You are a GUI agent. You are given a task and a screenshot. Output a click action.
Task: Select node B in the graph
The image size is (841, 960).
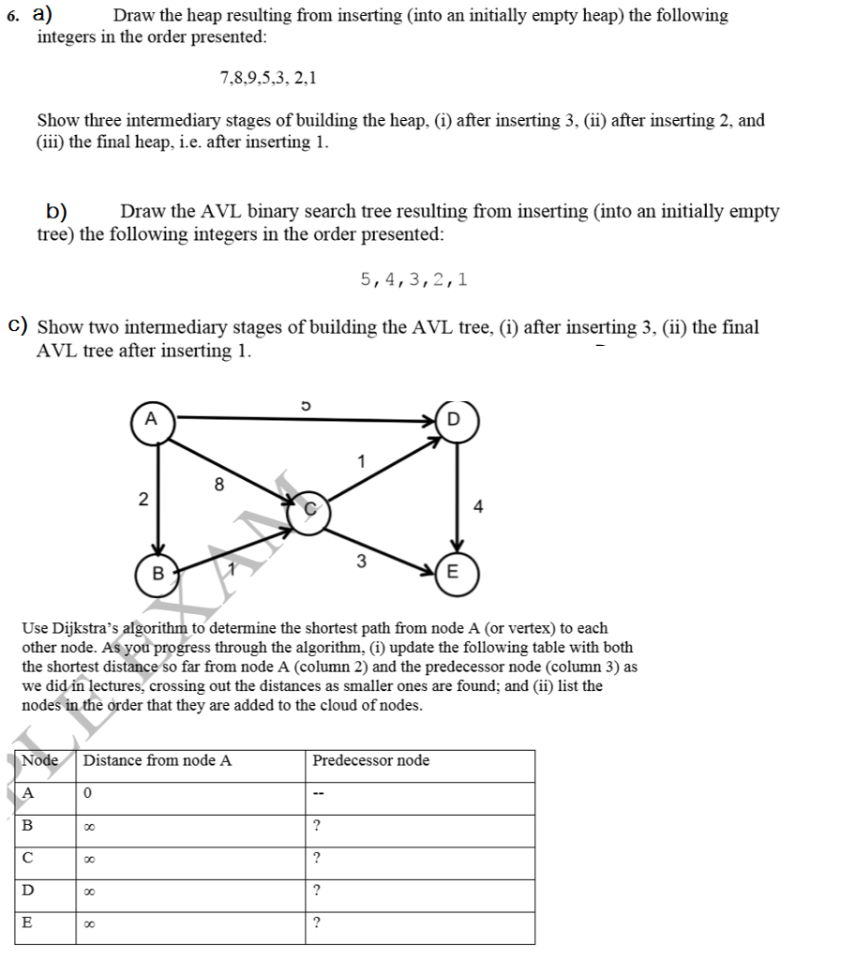[158, 572]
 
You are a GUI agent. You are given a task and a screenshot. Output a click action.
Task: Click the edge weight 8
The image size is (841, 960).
[218, 485]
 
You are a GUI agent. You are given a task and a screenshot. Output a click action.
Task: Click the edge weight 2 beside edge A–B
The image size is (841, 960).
[143, 500]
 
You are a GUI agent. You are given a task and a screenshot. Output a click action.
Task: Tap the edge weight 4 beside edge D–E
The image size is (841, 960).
[479, 507]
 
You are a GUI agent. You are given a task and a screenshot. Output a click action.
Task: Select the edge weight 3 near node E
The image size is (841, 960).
[360, 562]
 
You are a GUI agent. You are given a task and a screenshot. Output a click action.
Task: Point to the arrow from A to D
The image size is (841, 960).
[300, 416]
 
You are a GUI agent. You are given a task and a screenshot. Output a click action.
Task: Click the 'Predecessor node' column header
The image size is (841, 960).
[371, 760]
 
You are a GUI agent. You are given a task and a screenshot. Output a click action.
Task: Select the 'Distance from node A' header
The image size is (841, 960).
[158, 760]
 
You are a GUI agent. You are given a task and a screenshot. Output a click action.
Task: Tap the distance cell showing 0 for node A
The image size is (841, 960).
[86, 793]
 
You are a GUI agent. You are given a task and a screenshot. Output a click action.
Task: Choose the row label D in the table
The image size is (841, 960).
[27, 891]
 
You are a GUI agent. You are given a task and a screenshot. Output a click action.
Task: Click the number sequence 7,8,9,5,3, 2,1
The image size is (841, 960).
[268, 78]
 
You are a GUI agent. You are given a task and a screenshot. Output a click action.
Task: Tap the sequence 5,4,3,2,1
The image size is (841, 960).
[414, 278]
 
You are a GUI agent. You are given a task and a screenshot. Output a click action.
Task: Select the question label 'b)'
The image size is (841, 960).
[62, 211]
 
